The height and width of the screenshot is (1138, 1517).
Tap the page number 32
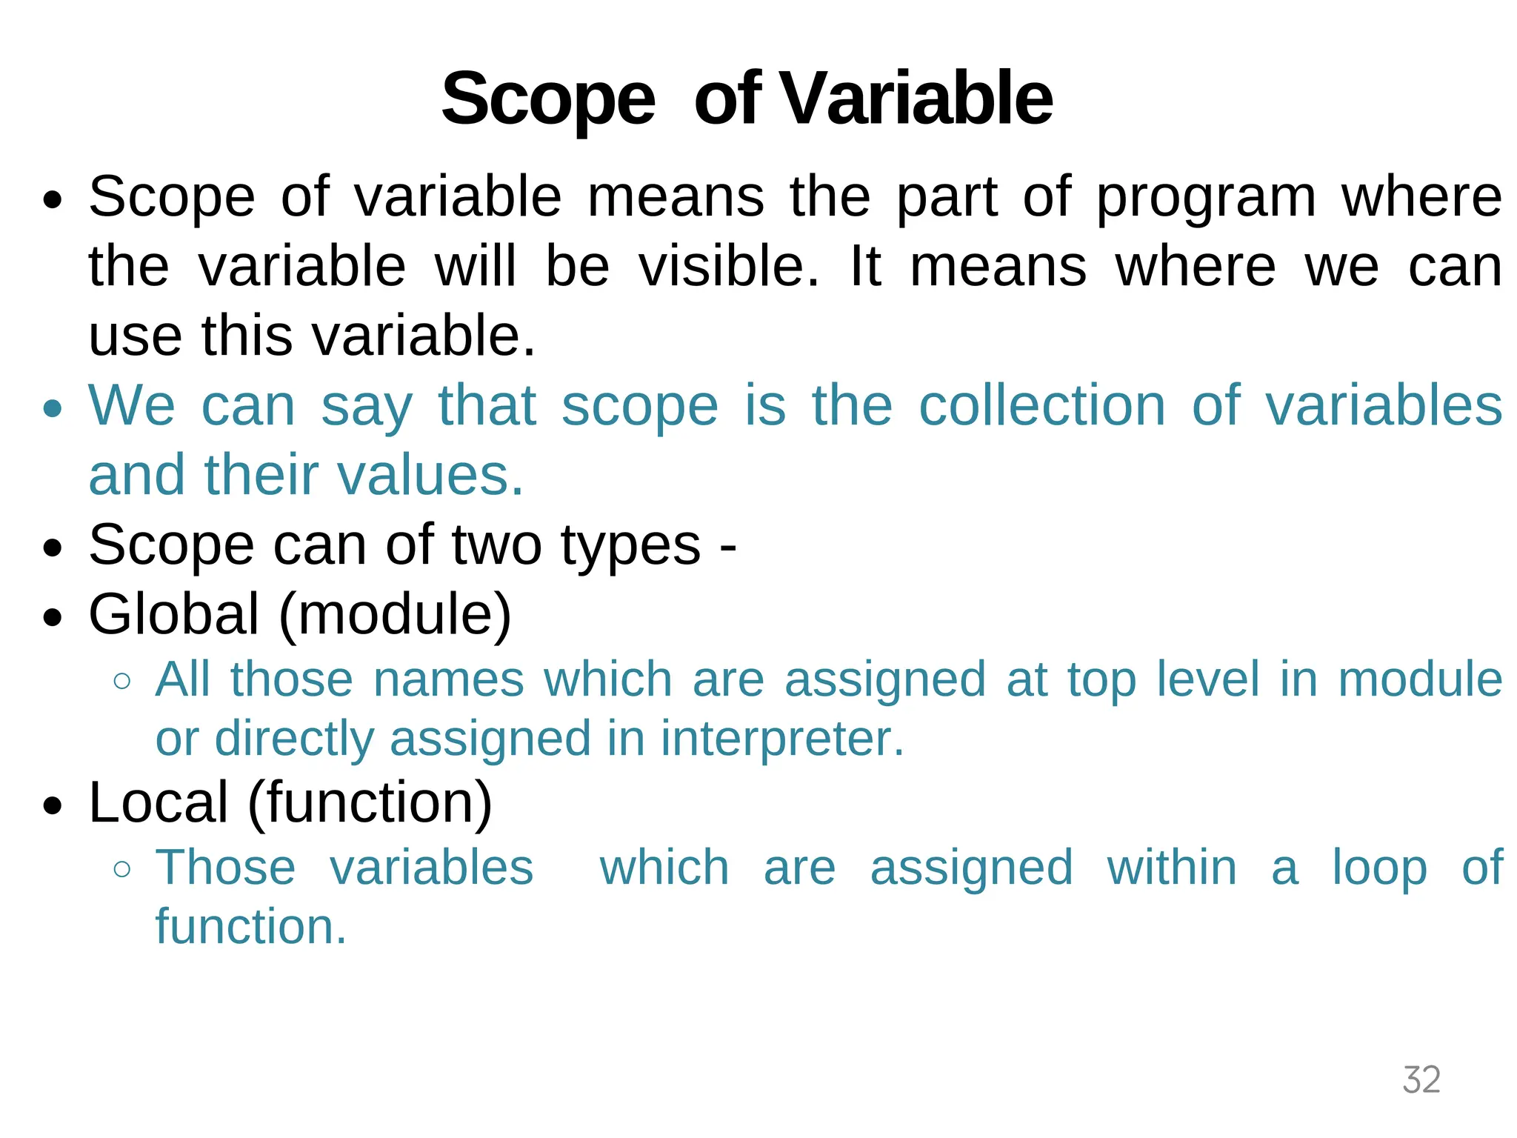[x=1421, y=1079]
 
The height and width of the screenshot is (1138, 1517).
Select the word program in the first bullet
[x=1206, y=198]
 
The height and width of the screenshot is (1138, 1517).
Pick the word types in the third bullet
[x=630, y=546]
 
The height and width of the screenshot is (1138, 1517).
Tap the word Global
[x=174, y=614]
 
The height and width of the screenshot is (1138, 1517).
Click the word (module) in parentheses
[x=395, y=614]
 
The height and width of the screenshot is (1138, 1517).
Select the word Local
[x=159, y=802]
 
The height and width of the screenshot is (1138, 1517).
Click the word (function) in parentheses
[x=370, y=802]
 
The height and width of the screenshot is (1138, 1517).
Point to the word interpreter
[x=782, y=739]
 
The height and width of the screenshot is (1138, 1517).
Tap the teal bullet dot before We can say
[x=53, y=409]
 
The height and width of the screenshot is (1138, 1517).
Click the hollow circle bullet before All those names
[x=122, y=681]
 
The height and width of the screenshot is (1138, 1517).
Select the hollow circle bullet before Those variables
[x=122, y=868]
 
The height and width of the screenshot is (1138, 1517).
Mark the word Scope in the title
[x=548, y=100]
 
